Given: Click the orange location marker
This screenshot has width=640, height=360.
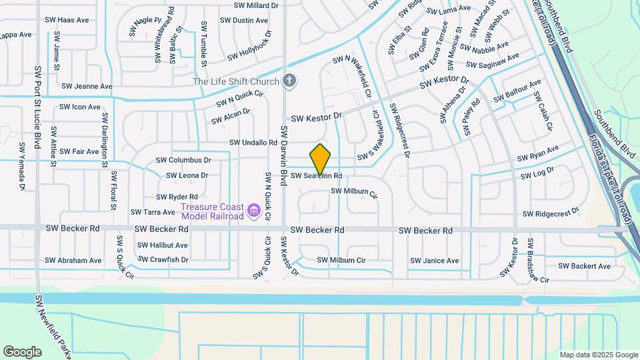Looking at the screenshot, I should click(321, 159).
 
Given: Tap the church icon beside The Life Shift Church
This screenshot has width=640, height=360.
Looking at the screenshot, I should click(289, 81).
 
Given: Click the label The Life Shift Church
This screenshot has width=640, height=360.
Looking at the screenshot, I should click(236, 82).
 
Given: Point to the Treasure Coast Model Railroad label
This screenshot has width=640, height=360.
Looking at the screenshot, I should click(212, 212).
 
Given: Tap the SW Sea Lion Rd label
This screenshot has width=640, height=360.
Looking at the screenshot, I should click(316, 176).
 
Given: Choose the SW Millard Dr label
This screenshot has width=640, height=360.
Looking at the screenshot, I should click(256, 5).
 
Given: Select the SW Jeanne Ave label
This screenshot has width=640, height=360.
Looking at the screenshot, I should click(87, 86).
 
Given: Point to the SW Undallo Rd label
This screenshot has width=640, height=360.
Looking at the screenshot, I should click(253, 143).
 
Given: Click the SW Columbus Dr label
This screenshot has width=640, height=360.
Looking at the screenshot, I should click(183, 160).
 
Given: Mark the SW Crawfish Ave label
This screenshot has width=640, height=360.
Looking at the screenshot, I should click(163, 259).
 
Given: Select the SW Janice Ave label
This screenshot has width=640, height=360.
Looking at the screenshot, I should click(435, 260).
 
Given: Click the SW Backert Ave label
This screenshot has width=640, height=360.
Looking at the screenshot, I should click(584, 266).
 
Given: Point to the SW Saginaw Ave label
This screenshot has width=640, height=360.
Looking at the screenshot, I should click(493, 62).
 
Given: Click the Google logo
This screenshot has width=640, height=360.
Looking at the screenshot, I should click(22, 352).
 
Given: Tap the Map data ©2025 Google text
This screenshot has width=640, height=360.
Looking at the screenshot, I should click(599, 355).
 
